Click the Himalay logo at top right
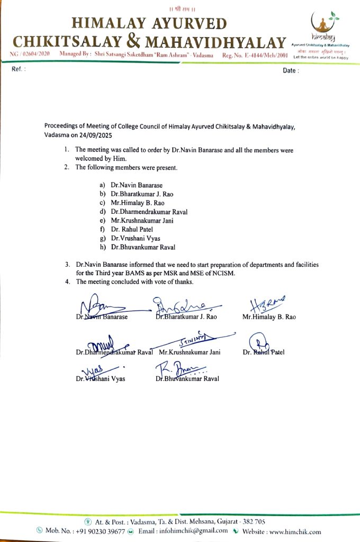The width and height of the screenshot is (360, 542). coord(324,29)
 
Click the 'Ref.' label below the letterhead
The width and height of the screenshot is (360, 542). coord(19,70)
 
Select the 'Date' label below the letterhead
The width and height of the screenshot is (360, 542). coord(291,70)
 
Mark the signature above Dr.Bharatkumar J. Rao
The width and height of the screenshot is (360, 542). coord(183,305)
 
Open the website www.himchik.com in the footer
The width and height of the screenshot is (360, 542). coord(293,531)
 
